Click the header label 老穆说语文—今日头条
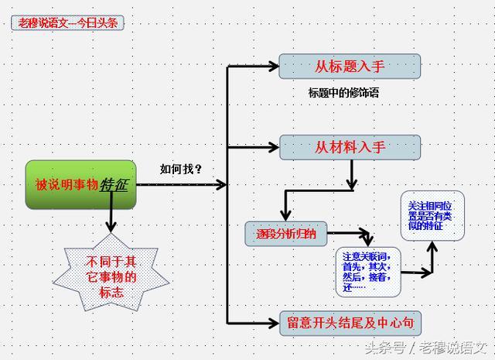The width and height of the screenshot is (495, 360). (x=67, y=22)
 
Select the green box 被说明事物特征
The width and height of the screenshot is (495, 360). (x=80, y=185)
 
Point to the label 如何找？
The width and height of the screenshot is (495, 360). (x=180, y=169)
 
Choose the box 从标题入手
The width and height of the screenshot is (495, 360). (x=349, y=66)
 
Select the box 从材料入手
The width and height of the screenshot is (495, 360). (x=350, y=147)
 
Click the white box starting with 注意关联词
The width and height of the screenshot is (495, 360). (x=368, y=272)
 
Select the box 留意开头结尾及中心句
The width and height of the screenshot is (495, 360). (x=350, y=323)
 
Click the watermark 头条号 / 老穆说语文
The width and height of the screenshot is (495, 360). (x=424, y=346)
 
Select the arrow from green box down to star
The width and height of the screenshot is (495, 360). (x=111, y=221)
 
